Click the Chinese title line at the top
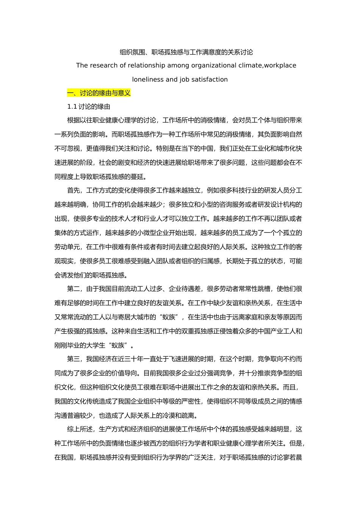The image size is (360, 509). [x=186, y=52]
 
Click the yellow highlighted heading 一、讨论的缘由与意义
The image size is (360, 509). [x=99, y=93]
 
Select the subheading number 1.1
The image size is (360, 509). [x=72, y=106]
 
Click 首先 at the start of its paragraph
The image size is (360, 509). [x=74, y=190]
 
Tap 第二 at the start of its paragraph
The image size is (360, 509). [x=74, y=289]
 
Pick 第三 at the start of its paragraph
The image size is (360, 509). [x=74, y=359]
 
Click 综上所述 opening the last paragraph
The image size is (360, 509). [x=80, y=429]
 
